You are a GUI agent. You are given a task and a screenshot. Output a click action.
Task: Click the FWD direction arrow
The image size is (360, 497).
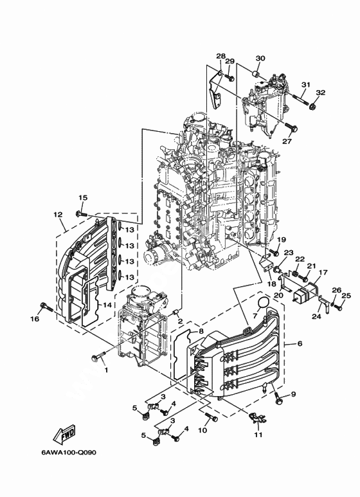pos(64,434)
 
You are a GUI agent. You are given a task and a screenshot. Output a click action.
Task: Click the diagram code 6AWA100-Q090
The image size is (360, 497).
pos(69,452)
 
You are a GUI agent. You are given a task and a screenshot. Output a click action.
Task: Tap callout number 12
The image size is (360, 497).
pos(58,215)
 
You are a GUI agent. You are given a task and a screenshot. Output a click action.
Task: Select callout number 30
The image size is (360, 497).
pos(260,59)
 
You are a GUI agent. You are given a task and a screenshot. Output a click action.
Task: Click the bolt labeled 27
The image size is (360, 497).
pos(292,127)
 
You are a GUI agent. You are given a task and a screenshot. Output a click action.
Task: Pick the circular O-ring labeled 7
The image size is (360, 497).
pos(263,303)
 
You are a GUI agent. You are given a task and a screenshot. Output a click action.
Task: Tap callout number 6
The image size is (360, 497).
pos(300,343)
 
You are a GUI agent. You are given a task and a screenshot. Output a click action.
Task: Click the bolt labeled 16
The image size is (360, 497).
pos(46,307)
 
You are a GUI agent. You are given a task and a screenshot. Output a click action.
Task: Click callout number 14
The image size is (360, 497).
pos(107,305)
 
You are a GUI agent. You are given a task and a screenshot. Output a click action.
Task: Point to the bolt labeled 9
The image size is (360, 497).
pos(278,398)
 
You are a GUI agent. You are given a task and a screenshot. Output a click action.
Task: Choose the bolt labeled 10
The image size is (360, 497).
pos(211,417)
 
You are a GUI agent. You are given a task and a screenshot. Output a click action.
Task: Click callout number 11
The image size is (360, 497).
pos(258,435)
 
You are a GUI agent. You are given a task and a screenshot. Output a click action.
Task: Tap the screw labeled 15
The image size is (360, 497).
pos(81,214)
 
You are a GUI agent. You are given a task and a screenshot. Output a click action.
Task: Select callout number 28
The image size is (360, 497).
pos(221,56)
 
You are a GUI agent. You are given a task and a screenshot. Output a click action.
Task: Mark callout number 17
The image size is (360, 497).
pos(323,272)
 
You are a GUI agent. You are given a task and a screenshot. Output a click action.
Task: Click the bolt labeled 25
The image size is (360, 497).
pos(339,307)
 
